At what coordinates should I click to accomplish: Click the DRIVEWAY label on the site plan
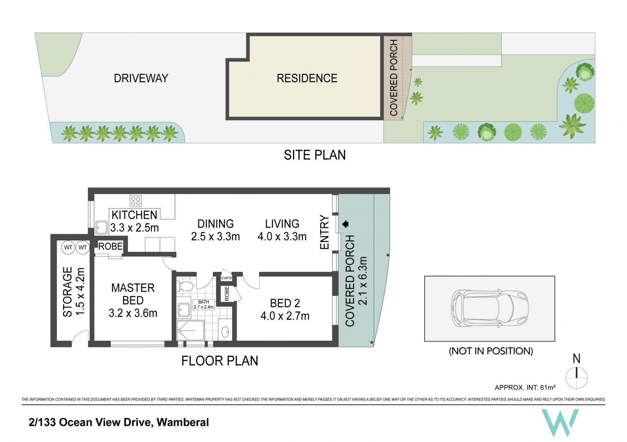point(141,78)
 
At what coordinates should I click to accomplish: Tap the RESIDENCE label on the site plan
point(307,78)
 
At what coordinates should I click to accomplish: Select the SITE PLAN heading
point(315,155)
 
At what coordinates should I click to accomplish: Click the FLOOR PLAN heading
point(220,361)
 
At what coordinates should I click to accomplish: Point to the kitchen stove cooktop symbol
point(136,201)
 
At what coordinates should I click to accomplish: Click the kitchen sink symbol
point(102,228)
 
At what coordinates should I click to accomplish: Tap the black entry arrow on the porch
point(346,224)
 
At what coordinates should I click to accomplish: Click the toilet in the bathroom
point(185,286)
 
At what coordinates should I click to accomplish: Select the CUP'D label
point(226,278)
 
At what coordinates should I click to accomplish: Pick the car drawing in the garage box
point(490,308)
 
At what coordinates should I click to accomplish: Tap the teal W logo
point(560,423)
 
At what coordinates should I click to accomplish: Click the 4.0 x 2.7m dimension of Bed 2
point(285,316)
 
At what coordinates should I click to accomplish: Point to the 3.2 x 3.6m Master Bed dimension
point(133,313)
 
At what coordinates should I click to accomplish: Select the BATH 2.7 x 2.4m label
point(203,304)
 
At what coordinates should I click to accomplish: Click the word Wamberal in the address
point(183,422)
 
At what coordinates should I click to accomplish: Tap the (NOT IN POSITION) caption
point(491,351)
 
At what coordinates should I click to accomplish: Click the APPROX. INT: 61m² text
point(525,387)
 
